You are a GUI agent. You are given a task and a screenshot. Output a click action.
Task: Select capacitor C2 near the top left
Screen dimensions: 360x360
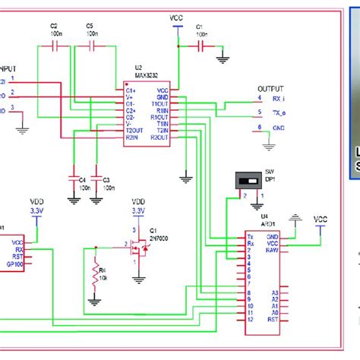click(54, 46)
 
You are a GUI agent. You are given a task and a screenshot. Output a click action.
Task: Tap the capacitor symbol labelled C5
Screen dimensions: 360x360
click(91, 46)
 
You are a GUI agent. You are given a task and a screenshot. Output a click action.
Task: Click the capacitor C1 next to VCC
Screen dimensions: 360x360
click(201, 46)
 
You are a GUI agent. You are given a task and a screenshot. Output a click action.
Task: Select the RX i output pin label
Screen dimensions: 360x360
click(279, 97)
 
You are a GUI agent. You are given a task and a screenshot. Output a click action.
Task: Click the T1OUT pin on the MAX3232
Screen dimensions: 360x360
click(160, 103)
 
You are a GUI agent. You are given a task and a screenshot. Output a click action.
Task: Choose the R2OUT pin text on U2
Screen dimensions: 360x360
click(159, 137)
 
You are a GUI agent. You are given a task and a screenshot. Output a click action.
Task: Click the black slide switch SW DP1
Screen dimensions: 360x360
click(246, 180)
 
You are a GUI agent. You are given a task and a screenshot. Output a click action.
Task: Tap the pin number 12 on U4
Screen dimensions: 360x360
click(251, 319)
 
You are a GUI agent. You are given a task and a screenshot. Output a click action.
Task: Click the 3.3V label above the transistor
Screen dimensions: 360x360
click(137, 210)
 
